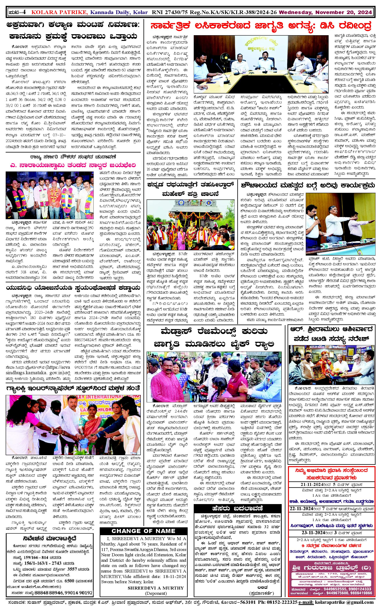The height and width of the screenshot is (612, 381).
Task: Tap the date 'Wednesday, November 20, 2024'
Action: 325,12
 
